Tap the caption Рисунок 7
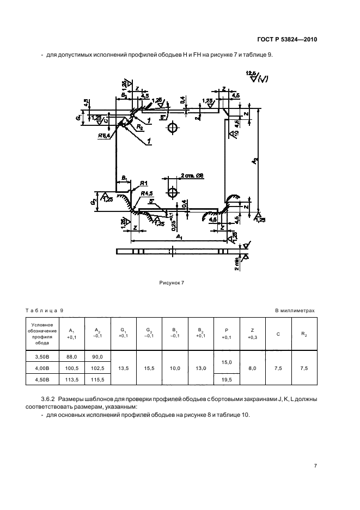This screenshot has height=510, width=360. [172, 283]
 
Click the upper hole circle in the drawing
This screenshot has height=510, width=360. [173, 129]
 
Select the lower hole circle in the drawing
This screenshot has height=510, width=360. [173, 193]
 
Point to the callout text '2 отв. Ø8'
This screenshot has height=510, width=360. [192, 176]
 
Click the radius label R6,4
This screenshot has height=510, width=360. [105, 135]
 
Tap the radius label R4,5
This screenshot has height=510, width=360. [145, 193]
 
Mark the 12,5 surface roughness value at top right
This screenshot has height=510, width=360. [251, 73]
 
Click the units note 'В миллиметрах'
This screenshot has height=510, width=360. [295, 310]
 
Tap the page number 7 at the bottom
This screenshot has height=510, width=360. [316, 466]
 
